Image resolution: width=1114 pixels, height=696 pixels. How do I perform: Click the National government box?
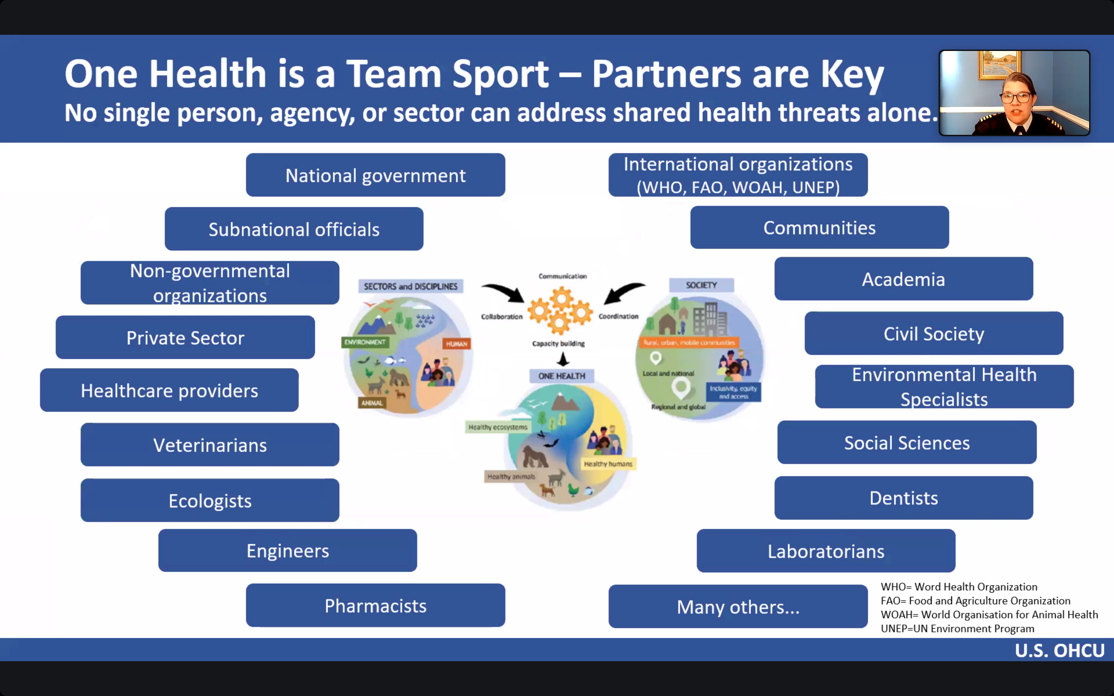coord(375,175)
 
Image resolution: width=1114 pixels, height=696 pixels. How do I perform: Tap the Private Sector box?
coord(185,337)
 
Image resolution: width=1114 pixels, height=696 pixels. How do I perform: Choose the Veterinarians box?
coord(210,445)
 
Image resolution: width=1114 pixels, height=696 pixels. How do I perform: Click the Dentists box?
coord(903,498)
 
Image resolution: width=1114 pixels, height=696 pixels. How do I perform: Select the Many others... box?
coord(738,607)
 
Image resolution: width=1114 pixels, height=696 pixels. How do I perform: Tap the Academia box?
coord(903,279)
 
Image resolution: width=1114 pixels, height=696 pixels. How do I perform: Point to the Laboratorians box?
coord(826,551)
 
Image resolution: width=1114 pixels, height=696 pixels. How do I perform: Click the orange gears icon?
coord(560,309)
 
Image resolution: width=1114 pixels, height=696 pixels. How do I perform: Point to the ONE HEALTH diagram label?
coord(562,376)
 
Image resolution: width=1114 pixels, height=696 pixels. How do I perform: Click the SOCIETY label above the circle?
coord(701,285)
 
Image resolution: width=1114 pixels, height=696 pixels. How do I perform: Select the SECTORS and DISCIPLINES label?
coord(411,286)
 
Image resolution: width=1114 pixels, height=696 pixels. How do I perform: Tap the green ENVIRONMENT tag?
coord(365,342)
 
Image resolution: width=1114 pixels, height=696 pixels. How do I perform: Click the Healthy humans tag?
coord(608,464)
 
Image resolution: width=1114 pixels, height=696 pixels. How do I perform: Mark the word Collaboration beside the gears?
coord(502,317)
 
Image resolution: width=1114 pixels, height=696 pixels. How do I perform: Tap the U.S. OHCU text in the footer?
coord(1059,650)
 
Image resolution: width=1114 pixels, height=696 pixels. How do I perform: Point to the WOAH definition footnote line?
coord(989,615)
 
